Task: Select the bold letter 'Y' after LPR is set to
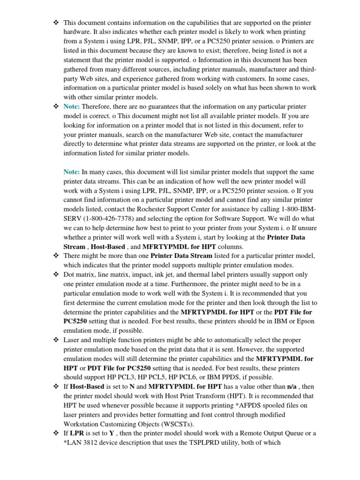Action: coord(112,434)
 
